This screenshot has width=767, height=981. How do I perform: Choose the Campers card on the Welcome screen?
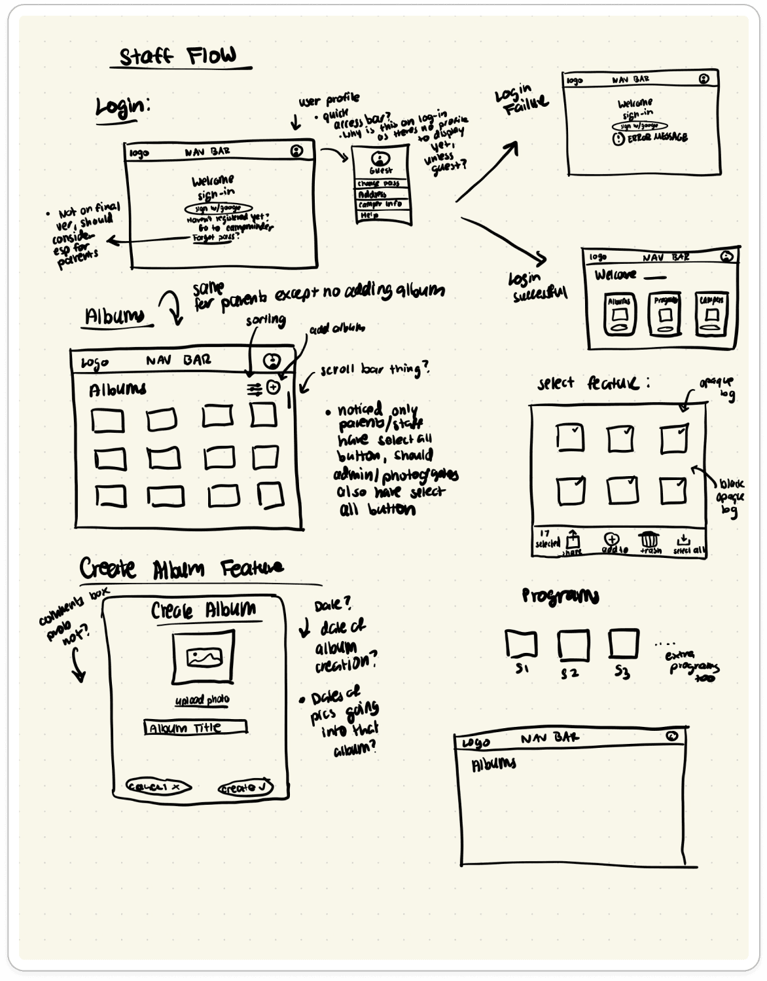click(x=711, y=314)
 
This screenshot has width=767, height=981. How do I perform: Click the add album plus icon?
click(x=274, y=388)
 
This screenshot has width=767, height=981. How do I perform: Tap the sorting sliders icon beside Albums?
click(x=255, y=389)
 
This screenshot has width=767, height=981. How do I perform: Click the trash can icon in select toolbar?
click(x=649, y=540)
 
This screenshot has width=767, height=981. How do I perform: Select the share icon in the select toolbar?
click(x=573, y=541)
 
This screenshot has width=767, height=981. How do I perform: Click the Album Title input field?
click(x=196, y=727)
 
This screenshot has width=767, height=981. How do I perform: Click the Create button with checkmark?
click(x=245, y=788)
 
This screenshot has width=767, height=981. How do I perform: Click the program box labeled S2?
click(x=573, y=645)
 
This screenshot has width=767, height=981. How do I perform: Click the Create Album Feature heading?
click(x=181, y=568)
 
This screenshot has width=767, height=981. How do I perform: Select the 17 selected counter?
click(x=546, y=539)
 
